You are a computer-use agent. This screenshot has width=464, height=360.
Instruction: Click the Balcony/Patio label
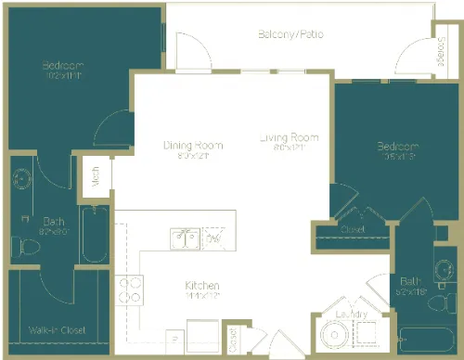pos(290,35)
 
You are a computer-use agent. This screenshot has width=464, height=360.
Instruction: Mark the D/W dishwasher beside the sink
pos(213,240)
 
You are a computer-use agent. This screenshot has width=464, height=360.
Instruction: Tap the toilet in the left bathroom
pos(22,246)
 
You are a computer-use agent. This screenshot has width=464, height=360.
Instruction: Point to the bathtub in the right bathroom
pos(428,341)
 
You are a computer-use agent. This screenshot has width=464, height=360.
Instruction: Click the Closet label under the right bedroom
pos(352,230)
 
